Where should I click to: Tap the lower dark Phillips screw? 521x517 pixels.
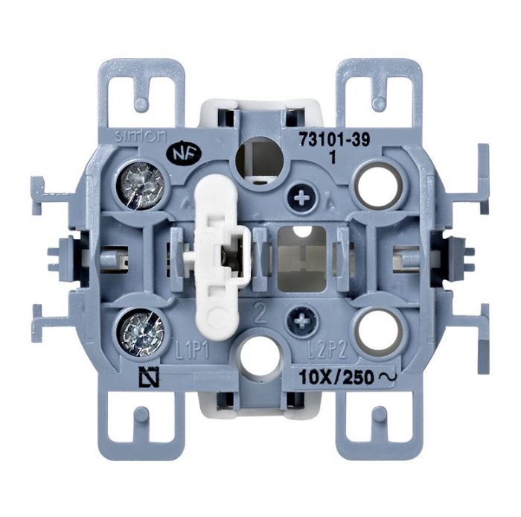pyautogui.click(x=301, y=320)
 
